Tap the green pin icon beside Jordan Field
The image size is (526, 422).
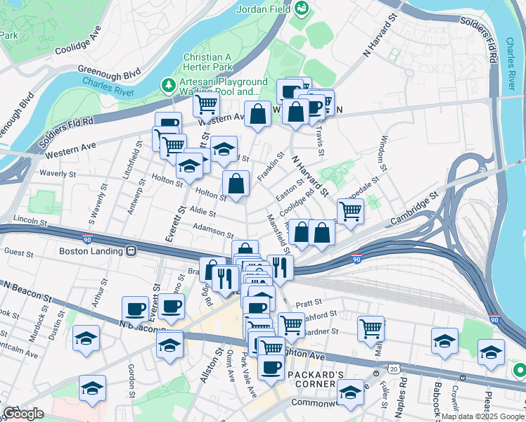302,8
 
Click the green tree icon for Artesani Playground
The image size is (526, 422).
169,86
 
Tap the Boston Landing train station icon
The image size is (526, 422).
131,250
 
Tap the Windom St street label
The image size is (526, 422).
385,153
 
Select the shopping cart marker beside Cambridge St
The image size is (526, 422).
350,210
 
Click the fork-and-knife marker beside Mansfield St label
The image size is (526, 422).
280,267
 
